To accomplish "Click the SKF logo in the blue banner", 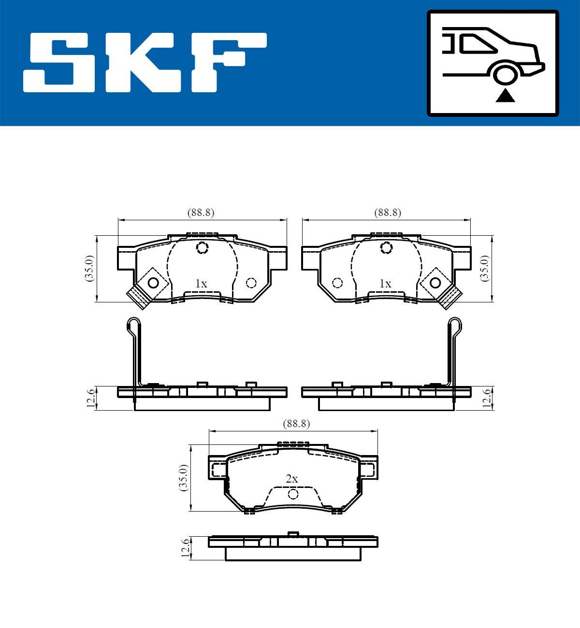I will pos(145,62).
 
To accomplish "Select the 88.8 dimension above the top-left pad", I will pos(201,212).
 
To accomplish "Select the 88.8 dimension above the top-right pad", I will pos(388,212).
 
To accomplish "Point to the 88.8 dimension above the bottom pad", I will pos(296,424).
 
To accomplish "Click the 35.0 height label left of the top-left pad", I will pos(90,268).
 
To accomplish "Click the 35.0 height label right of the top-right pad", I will pos(485,268).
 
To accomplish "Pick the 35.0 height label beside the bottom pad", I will pos(184,478).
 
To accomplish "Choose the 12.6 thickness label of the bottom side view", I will pos(184,548).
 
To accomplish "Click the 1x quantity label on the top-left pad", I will pos(201,284).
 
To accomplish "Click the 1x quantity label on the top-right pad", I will pos(385,284).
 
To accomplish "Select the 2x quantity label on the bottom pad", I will pos(292,479).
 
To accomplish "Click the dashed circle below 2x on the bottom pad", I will pos(293,494).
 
